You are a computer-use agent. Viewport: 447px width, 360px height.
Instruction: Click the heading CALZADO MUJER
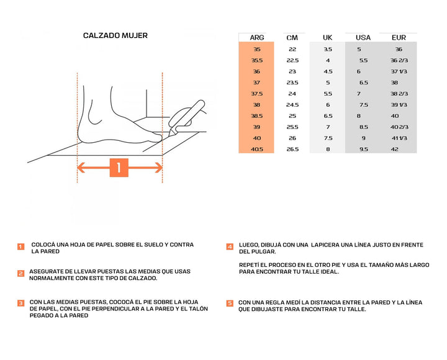[x=115, y=36]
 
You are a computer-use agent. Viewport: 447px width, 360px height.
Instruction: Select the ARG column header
[x=257, y=38]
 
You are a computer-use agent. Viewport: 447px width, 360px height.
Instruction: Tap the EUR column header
[x=399, y=38]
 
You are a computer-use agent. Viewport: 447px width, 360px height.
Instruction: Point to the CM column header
[x=292, y=38]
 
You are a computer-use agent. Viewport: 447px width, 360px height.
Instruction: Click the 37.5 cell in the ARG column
[x=257, y=94]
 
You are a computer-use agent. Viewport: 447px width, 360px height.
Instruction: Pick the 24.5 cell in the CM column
[x=292, y=105]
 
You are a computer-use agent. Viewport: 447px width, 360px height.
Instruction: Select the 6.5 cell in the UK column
[x=328, y=116]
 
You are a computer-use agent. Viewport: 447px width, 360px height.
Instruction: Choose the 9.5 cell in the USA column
[x=363, y=150]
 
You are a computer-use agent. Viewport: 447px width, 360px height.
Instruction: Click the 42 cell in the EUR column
[x=395, y=150]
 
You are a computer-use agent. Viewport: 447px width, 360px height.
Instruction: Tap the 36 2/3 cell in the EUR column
[x=399, y=60]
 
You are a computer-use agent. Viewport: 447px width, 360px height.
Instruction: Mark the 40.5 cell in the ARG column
[x=257, y=150]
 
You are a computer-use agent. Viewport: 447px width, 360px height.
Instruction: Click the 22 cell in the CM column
[x=292, y=49]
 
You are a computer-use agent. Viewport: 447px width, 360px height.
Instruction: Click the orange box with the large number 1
[x=119, y=168]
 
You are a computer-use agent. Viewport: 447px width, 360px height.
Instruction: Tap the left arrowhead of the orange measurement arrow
[x=81, y=168]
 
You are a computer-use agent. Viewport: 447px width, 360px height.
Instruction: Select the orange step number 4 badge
[x=230, y=246]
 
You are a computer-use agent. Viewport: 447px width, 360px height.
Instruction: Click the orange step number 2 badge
[x=20, y=273]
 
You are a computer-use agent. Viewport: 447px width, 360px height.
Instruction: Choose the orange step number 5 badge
[x=230, y=304]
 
